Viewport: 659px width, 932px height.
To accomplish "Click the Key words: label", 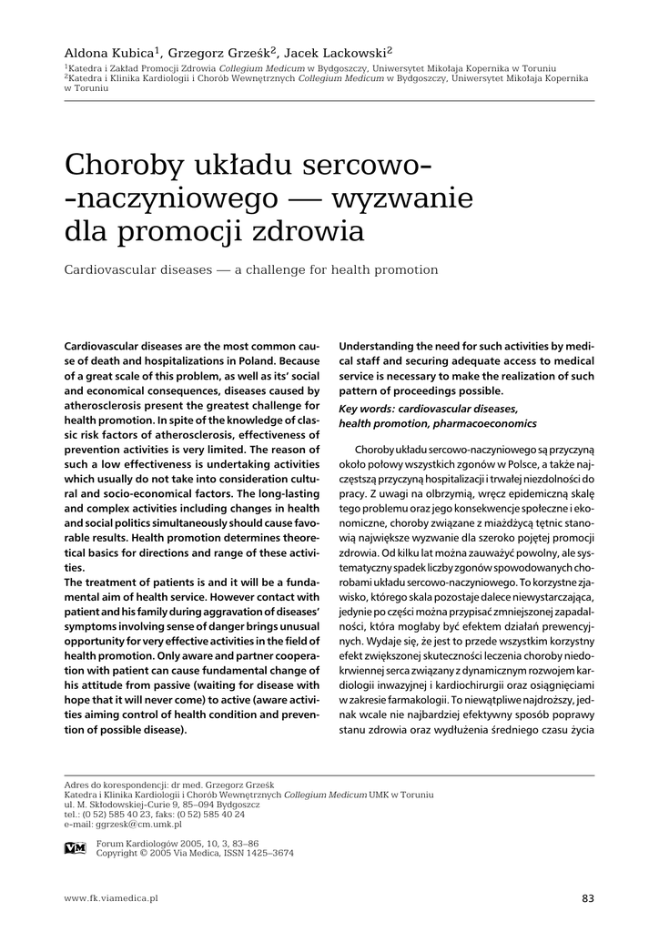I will pyautogui.click(x=369, y=409).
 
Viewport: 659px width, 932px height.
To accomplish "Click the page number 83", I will pyautogui.click(x=587, y=898).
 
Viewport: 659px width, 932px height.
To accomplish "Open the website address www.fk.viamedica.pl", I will pyautogui.click(x=111, y=898).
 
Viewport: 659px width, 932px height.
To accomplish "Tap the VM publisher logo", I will pyautogui.click(x=76, y=848).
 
